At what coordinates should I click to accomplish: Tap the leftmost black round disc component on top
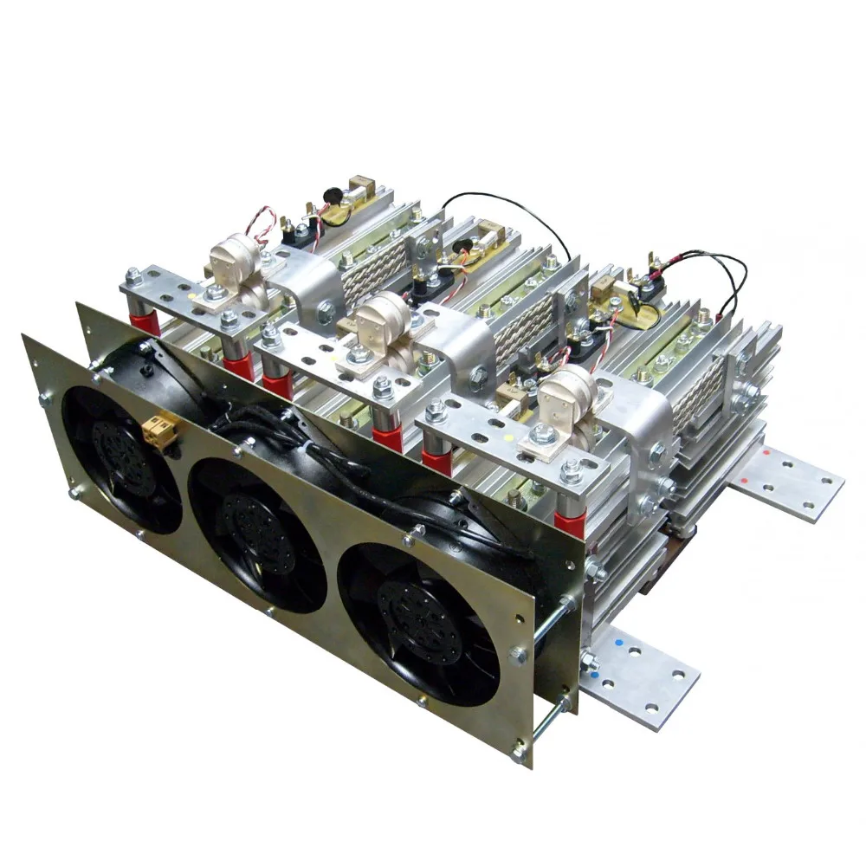pos(331,197)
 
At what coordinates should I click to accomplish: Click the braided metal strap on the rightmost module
pos(697,394)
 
